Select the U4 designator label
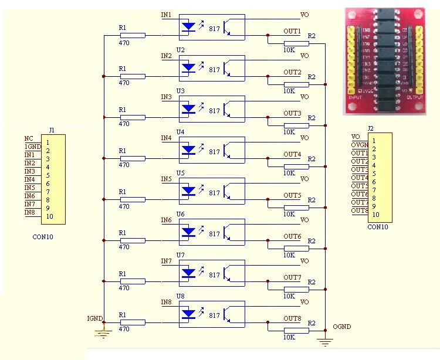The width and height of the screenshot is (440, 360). pyautogui.click(x=180, y=132)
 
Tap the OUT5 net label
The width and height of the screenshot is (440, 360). pyautogui.click(x=292, y=195)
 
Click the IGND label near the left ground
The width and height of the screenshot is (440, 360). pyautogui.click(x=94, y=318)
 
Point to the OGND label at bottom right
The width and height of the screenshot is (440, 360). pyautogui.click(x=341, y=327)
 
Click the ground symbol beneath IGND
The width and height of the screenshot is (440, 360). pyautogui.click(x=103, y=334)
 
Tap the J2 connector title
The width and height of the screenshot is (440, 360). pyautogui.click(x=370, y=128)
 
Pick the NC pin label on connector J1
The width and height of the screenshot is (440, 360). pyautogui.click(x=29, y=138)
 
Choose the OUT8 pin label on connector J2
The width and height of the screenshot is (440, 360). pyautogui.click(x=359, y=210)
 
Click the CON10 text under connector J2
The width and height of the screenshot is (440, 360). pyautogui.click(x=377, y=227)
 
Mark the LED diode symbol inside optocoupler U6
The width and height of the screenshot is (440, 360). pyautogui.click(x=188, y=232)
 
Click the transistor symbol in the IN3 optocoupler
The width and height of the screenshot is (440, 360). pyautogui.click(x=229, y=110)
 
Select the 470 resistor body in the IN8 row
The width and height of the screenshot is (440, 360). pyautogui.click(x=136, y=322)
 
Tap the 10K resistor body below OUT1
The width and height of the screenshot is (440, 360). pyautogui.click(x=296, y=43)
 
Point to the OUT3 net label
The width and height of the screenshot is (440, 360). pyautogui.click(x=292, y=113)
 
